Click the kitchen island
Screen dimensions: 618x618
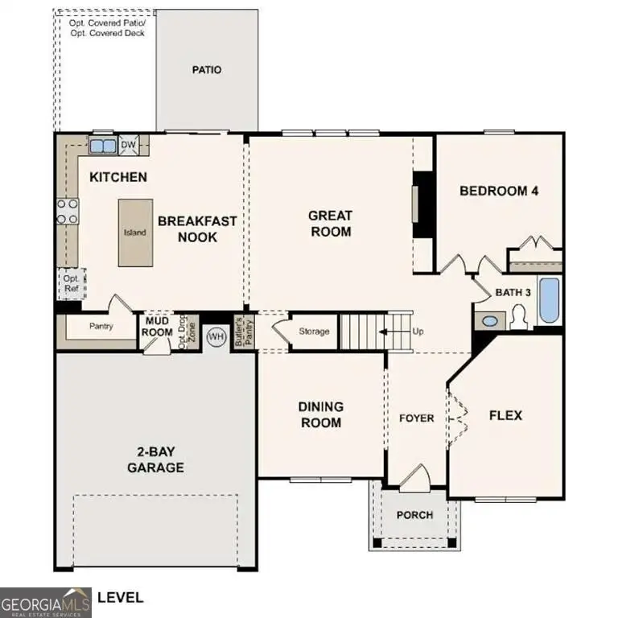pos(134,233)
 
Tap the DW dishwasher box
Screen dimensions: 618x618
pos(129,146)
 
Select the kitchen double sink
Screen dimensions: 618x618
pos(101,146)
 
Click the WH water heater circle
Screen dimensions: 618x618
pos(216,336)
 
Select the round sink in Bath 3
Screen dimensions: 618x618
pos(490,321)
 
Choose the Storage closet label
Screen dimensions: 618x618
pos(314,332)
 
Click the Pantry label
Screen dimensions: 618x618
pos(101,327)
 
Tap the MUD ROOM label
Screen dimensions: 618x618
pos(158,328)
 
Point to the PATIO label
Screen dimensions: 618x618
pos(206,70)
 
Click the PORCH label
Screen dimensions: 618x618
pos(415,515)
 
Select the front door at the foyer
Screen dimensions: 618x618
pos(415,478)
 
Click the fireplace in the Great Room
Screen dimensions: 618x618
pos(420,204)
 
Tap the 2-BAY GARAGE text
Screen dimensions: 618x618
pos(157,460)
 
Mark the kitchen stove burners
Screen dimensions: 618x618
pos(68,212)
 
